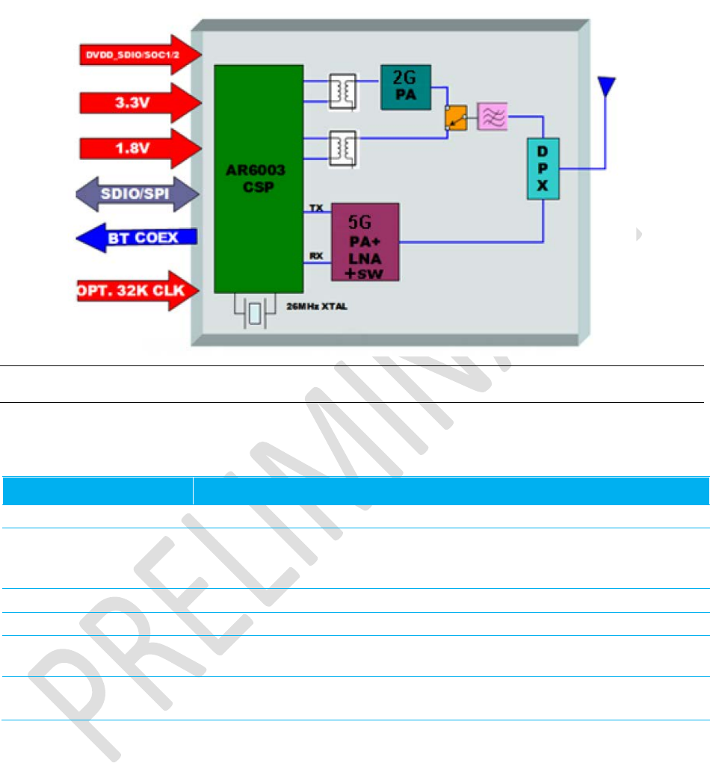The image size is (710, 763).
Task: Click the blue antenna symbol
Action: pyautogui.click(x=606, y=84)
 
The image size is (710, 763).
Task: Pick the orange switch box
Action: pyautogui.click(x=455, y=117)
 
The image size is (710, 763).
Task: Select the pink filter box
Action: pyautogui.click(x=493, y=116)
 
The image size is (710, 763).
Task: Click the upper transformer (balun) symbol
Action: pyautogui.click(x=342, y=91)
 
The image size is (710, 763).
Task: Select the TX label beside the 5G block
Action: pyautogui.click(x=317, y=208)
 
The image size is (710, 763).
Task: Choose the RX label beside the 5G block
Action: pyautogui.click(x=317, y=256)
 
